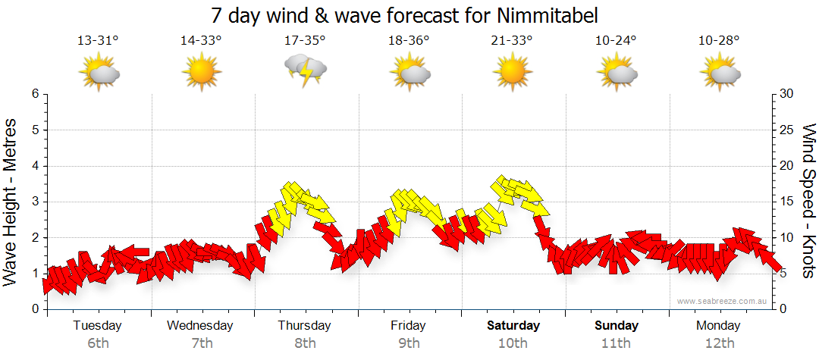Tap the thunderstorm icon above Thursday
(306, 70)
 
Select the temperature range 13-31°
(98, 40)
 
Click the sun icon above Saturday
(512, 71)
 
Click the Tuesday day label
(98, 326)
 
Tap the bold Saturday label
(513, 326)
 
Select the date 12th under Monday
(720, 343)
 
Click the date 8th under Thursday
(306, 343)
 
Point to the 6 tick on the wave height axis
(34, 94)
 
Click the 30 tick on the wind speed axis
(788, 94)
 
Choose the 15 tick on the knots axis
(788, 202)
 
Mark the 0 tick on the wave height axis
(34, 309)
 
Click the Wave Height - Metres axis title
(12, 201)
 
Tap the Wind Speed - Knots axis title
(808, 201)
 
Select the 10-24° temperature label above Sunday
(616, 40)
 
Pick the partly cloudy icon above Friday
(409, 71)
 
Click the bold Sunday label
(616, 326)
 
